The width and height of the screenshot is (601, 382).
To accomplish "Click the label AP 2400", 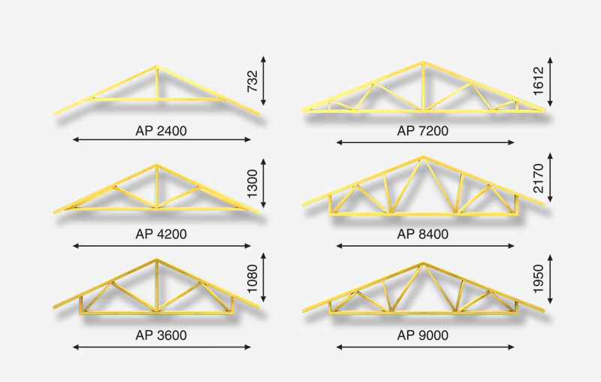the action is tap(161, 131).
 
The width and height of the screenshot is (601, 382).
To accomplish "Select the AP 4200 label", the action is tap(161, 234).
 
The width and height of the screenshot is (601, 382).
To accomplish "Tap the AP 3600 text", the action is tap(161, 335).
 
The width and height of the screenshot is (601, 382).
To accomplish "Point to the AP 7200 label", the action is tap(423, 131).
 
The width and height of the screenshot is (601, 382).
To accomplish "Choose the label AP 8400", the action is tap(423, 234).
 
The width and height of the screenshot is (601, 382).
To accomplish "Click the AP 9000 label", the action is tap(423, 335).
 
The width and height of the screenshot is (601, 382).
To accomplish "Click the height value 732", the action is tap(252, 81).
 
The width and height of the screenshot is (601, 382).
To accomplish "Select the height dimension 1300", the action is tap(252, 183).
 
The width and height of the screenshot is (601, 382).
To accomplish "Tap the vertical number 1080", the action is tap(252, 278).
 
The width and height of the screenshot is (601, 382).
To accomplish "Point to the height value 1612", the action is tap(539, 81).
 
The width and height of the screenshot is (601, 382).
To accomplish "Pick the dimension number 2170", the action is tap(539, 178).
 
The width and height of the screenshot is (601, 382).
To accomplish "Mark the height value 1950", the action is tap(539, 278).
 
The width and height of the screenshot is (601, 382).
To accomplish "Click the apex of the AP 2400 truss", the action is tap(156, 67).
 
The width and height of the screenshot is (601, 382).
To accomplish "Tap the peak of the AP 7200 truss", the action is tap(423, 62).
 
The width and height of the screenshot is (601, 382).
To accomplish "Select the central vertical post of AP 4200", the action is tap(156, 187).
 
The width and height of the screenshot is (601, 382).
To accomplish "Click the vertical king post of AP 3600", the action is tap(156, 286).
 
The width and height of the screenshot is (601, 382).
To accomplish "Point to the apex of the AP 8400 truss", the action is tap(423, 157).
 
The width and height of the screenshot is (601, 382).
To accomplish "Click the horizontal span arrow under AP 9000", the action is tap(425, 347).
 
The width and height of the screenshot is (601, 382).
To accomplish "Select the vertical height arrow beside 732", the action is tap(264, 80).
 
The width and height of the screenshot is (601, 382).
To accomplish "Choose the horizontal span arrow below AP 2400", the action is tap(162, 140).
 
